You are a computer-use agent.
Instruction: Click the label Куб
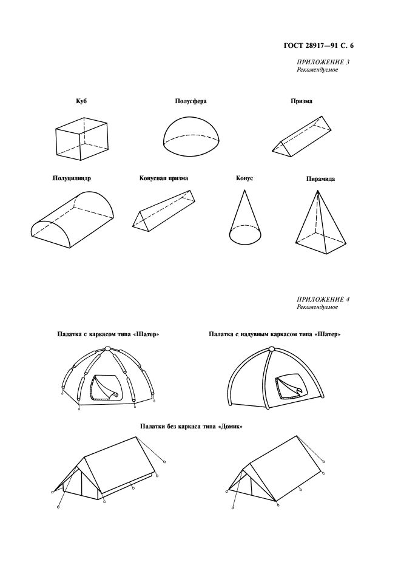[x=81, y=101]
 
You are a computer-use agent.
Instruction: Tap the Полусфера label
[x=190, y=101]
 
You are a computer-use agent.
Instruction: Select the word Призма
[x=302, y=101]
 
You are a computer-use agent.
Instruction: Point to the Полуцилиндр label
[x=72, y=178]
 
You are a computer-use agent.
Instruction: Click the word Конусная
[x=152, y=178]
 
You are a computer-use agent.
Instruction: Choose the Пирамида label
[x=320, y=178]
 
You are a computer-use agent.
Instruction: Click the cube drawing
[x=82, y=138]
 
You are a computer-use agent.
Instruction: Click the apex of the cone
[x=244, y=189]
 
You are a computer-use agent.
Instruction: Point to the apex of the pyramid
[x=318, y=191]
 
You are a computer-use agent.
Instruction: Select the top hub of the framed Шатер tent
[x=107, y=348]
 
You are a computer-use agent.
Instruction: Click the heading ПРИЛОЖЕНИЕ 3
[x=323, y=62]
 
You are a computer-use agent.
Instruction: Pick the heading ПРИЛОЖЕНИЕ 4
[x=323, y=299]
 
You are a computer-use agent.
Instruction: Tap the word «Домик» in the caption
[x=231, y=427]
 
